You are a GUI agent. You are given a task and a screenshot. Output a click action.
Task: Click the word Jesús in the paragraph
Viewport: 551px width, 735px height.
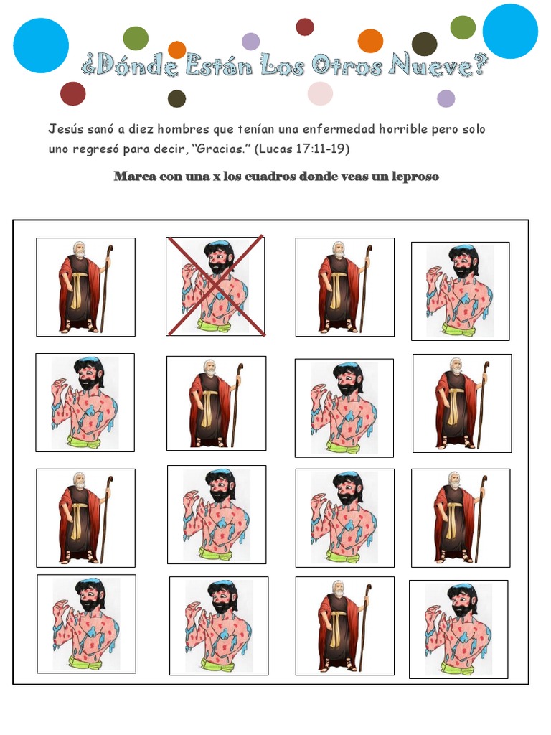coord(64,130)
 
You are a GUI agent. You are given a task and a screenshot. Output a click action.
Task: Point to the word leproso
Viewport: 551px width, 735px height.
coord(414,177)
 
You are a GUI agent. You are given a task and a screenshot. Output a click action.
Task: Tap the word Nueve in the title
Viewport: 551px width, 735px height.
coord(432,67)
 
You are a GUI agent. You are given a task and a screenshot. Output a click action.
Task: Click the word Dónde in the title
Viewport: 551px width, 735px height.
coord(133,67)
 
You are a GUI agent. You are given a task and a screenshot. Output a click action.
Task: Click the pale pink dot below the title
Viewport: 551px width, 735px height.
coord(320,93)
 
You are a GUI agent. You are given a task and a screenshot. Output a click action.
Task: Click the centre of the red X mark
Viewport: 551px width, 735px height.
coord(216,286)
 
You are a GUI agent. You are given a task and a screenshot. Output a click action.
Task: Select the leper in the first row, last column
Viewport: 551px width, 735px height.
coord(460,291)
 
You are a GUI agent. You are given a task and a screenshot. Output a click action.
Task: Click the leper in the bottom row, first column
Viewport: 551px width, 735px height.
coord(86,624)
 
